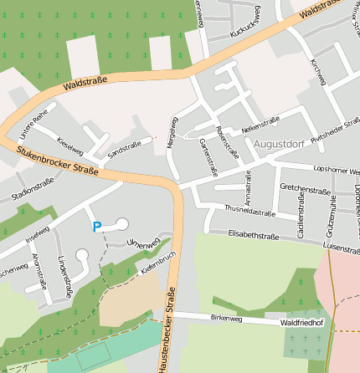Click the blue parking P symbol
point(97,226)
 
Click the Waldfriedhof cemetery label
point(303,321)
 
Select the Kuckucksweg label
point(245,25)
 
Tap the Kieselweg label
point(70,144)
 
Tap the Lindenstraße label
point(64,279)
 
